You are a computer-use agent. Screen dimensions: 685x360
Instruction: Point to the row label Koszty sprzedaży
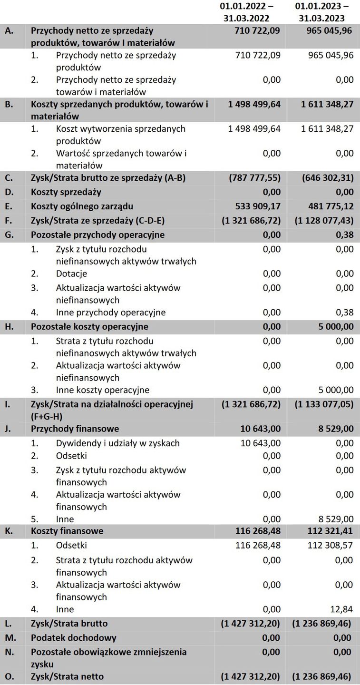pyautogui.click(x=66, y=192)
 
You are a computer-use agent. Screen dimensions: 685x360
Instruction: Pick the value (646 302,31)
pyautogui.click(x=328, y=178)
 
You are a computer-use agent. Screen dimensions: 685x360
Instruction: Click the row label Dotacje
pyautogui.click(x=71, y=274)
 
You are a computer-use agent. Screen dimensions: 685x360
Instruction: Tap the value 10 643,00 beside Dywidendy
pyautogui.click(x=258, y=443)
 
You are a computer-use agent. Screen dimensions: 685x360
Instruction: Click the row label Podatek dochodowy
pyautogui.click(x=73, y=637)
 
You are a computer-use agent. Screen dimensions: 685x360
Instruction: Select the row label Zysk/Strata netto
pyautogui.click(x=67, y=676)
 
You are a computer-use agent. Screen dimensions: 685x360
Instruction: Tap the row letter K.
pyautogui.click(x=8, y=531)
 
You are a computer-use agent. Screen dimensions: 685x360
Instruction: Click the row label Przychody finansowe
pyautogui.click(x=75, y=429)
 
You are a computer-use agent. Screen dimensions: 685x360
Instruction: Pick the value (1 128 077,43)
pyautogui.click(x=324, y=221)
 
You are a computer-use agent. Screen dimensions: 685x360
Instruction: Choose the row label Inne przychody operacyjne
pyautogui.click(x=111, y=313)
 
